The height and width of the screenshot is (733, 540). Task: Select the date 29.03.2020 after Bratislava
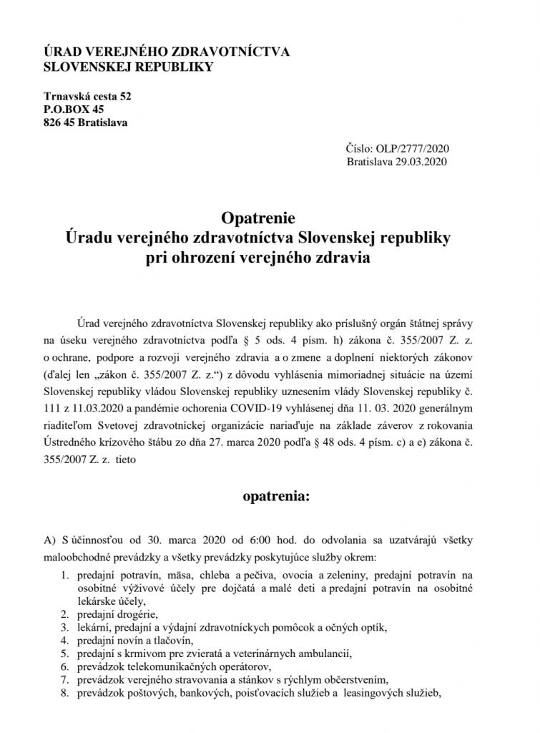(x=423, y=162)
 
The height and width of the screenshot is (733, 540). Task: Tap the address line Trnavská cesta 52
(x=88, y=95)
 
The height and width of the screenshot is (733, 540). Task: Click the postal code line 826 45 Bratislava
(x=86, y=122)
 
